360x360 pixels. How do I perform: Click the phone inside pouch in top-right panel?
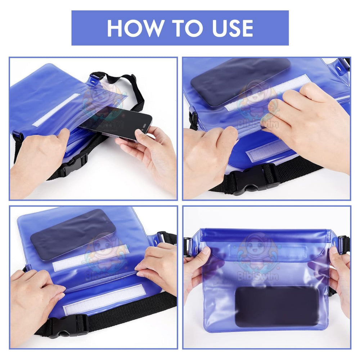(x=239, y=81)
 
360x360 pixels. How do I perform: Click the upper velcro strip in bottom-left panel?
(x=90, y=257)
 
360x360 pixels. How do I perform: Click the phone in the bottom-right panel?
(x=276, y=306)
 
